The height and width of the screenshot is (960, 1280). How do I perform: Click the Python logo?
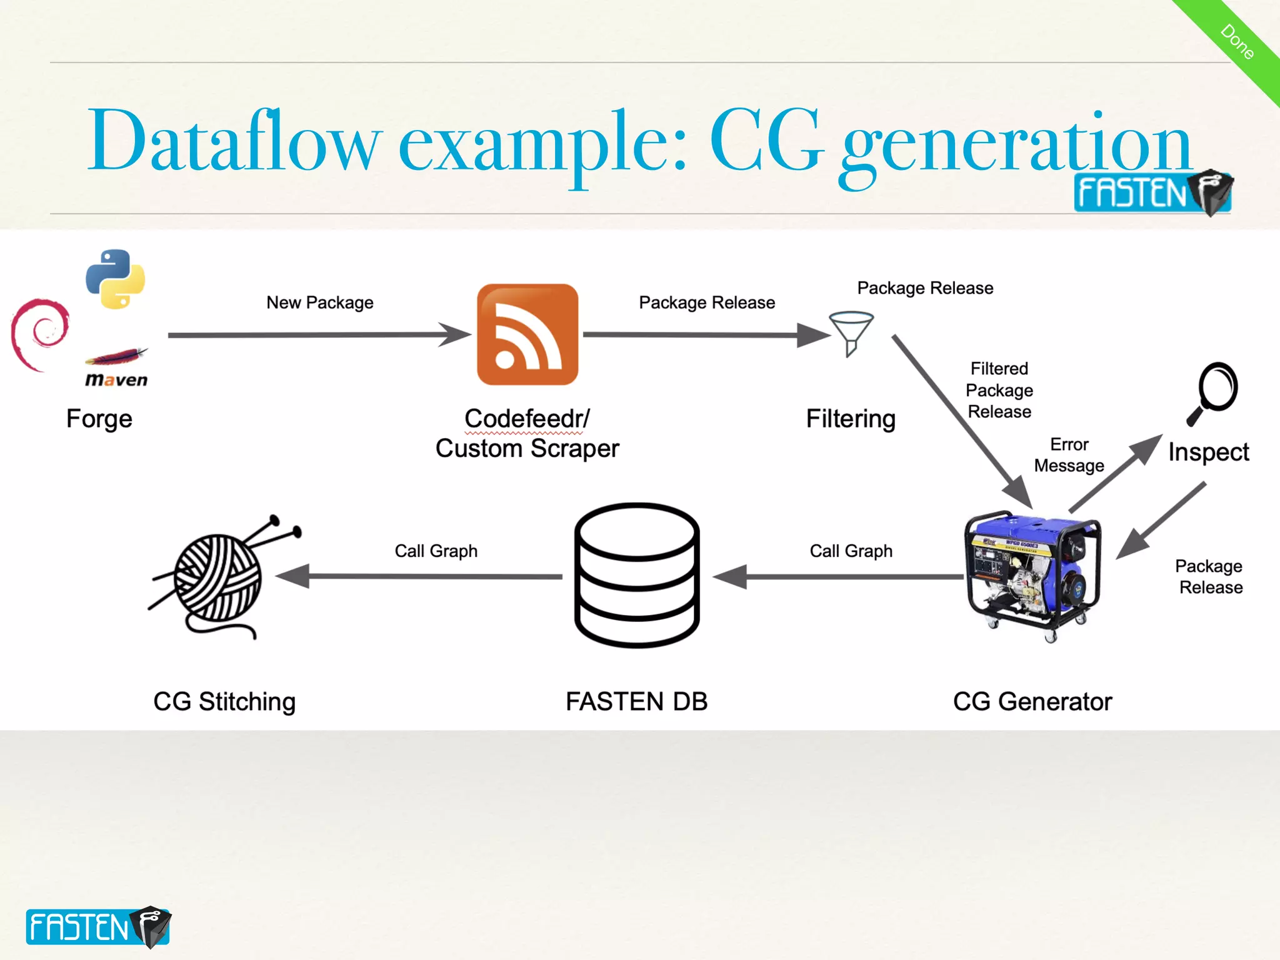[116, 279]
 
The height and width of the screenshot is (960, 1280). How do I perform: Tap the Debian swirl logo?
[39, 334]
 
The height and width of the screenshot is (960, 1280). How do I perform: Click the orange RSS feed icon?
[527, 334]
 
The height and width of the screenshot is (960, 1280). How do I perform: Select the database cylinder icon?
[637, 575]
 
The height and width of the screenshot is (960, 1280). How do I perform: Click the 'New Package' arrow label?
[320, 302]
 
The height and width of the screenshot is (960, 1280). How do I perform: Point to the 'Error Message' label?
[1069, 455]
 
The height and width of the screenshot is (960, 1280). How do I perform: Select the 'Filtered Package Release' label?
[999, 390]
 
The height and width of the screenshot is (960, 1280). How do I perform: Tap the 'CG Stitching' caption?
[224, 701]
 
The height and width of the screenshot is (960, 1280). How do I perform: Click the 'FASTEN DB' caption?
[636, 701]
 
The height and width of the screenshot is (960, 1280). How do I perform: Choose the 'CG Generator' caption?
[1032, 701]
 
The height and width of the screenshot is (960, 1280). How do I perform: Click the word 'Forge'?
[99, 418]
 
